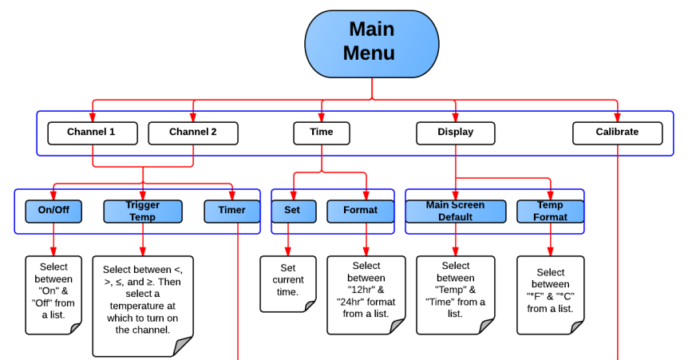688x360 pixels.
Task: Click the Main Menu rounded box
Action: pos(371,42)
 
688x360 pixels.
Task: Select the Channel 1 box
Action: pos(92,133)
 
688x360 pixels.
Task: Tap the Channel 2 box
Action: pos(192,133)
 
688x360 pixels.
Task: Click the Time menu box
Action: pos(322,133)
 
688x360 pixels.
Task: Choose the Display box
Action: pos(455,133)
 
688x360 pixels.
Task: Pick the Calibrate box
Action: pos(617,133)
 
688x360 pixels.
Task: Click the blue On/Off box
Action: pos(53,211)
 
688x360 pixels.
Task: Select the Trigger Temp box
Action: pos(142,211)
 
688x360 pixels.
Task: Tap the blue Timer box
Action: pos(231,211)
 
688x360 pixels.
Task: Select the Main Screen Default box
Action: pos(455,211)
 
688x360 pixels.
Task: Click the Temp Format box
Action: pos(550,211)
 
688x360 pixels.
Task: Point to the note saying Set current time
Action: pos(287,282)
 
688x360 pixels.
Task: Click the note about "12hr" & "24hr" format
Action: pos(366,292)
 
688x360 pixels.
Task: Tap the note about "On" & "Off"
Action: pos(53,292)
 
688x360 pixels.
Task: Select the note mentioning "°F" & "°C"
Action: pos(550,292)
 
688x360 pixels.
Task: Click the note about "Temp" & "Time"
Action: pos(455,292)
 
